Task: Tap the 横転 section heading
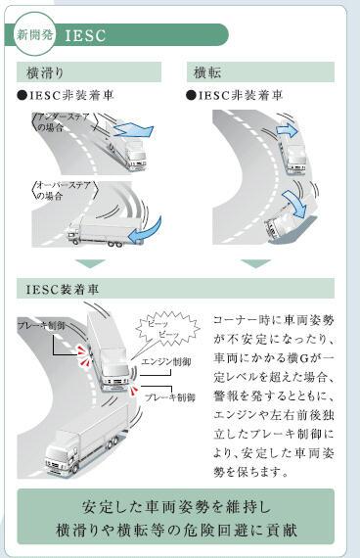coord(206,72)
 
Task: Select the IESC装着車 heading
coord(67,290)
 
